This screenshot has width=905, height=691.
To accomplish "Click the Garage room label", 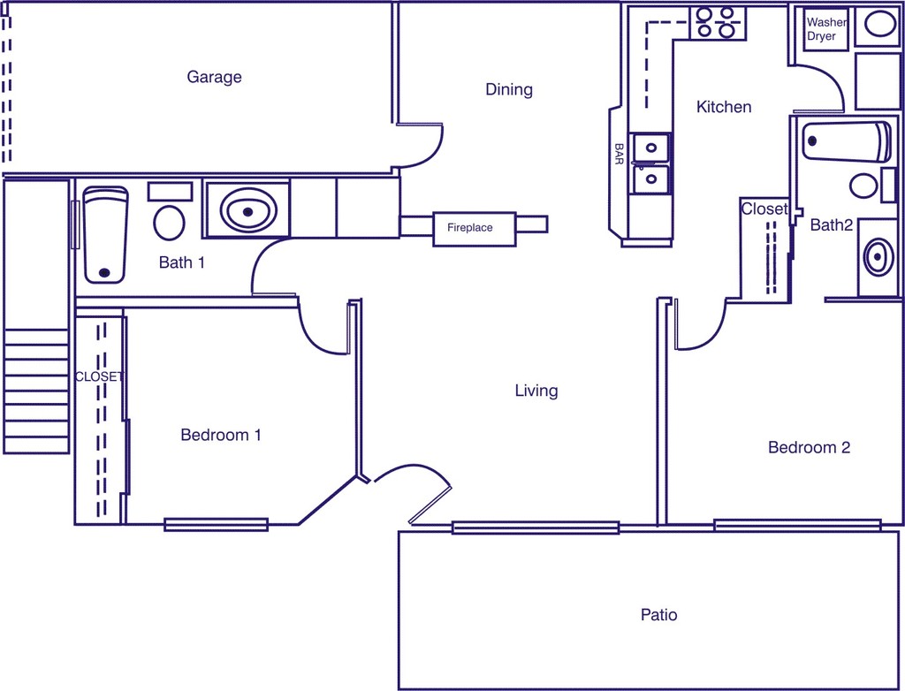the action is (x=214, y=78).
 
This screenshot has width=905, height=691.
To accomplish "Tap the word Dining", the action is (x=509, y=89).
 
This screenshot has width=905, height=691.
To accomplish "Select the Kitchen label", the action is (x=724, y=107).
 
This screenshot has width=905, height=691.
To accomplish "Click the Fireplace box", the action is (x=474, y=228).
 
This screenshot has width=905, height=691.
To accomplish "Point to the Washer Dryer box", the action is (x=826, y=29).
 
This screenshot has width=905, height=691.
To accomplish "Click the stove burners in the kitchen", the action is (x=716, y=22).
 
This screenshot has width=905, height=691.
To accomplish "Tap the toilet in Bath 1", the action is (x=169, y=221).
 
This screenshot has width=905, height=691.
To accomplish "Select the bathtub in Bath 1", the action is (x=105, y=234).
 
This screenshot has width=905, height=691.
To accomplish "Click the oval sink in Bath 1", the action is (x=247, y=211).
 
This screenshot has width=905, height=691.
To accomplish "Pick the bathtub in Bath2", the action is (x=846, y=141).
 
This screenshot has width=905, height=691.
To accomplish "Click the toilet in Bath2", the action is (x=863, y=186).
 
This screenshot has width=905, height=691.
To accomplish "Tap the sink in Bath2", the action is (x=877, y=257).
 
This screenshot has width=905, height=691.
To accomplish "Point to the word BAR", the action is (x=619, y=155).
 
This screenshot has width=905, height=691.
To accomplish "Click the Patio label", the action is (x=658, y=614).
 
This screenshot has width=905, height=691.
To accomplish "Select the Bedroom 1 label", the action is (x=220, y=435).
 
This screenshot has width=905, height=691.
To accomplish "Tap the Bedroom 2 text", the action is (x=809, y=448).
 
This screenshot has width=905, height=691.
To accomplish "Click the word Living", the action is (x=536, y=391).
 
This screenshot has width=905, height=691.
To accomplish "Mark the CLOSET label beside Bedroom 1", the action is (x=99, y=376).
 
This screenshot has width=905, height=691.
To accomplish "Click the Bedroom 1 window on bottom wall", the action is (x=216, y=524).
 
